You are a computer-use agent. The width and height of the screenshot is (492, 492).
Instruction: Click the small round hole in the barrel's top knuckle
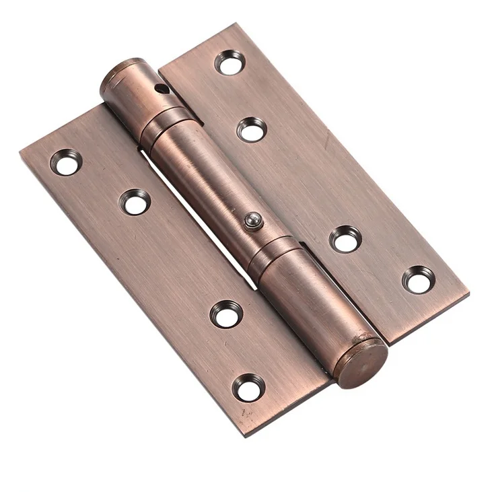click(160, 88)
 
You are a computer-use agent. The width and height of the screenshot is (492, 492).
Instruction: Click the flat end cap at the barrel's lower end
click(361, 363)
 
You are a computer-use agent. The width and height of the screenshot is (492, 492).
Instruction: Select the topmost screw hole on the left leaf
click(67, 162)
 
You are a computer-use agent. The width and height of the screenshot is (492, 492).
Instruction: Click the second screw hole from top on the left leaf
click(136, 201)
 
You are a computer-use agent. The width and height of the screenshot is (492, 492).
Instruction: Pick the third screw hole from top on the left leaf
click(226, 314)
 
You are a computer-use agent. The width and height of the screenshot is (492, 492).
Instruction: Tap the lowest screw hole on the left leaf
click(249, 387)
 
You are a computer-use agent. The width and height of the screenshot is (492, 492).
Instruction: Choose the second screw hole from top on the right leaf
click(252, 129)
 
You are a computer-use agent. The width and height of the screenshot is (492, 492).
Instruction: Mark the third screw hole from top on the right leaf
click(346, 238)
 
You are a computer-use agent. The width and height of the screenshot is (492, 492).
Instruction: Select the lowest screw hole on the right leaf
click(419, 279)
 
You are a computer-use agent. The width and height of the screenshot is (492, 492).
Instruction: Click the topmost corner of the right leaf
click(237, 24)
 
